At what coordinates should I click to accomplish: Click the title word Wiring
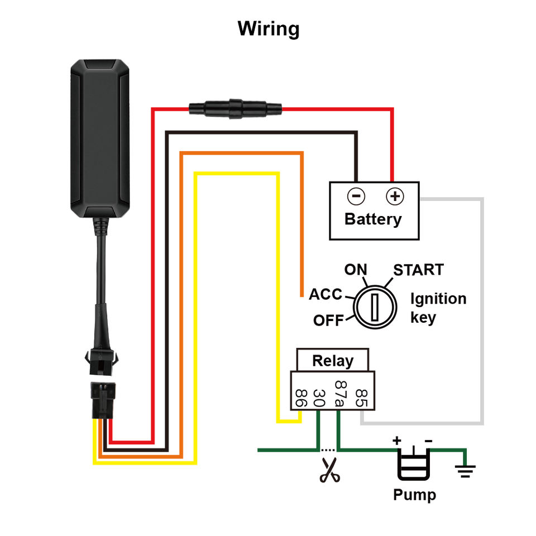268,28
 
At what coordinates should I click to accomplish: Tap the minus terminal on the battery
356,196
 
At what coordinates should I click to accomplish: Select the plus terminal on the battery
395,196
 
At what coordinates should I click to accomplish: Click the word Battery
373,219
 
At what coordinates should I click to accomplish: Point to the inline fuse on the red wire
235,107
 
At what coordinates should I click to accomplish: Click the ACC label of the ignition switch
326,294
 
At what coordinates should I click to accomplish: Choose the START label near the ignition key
418,270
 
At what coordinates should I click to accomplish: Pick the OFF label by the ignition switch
328,320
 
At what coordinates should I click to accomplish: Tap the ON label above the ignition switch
355,270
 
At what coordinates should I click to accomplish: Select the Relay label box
333,360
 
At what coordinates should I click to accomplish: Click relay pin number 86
300,397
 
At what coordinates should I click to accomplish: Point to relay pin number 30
319,397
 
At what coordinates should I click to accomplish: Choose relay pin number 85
361,397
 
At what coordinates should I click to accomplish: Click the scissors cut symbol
330,471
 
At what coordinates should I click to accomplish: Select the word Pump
414,495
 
